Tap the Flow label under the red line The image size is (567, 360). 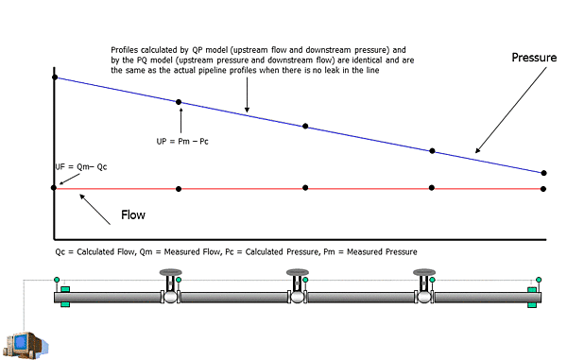tap(133, 215)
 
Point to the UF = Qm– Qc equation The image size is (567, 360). tap(81, 166)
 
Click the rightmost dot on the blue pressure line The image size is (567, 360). tap(543, 173)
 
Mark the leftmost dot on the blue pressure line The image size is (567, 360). tap(54, 77)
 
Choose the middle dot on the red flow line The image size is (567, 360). tap(305, 189)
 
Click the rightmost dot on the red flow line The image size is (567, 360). tap(543, 189)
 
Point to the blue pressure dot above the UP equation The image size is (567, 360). tap(179, 102)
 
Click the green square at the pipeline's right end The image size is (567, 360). tap(534, 302)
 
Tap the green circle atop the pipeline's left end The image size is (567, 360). tap(57, 280)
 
